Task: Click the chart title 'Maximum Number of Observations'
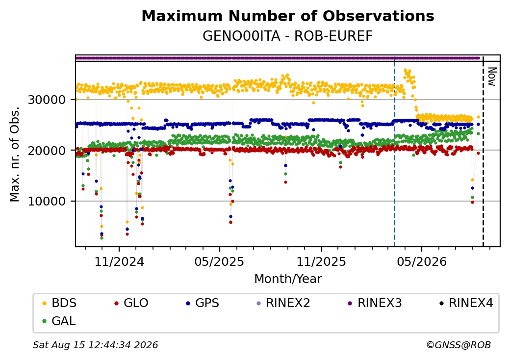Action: [288, 16]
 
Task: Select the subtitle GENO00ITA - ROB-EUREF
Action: [287, 36]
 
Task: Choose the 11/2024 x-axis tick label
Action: [119, 261]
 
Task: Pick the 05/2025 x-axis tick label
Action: [219, 261]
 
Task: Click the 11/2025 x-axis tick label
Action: [321, 261]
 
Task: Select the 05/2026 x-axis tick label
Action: [422, 261]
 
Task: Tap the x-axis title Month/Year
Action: [288, 279]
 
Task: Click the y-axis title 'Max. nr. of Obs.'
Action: [14, 154]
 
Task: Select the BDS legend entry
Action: [59, 303]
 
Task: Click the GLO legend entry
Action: [131, 303]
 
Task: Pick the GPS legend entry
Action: [203, 303]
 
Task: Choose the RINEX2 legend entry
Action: [283, 303]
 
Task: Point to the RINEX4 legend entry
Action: [466, 303]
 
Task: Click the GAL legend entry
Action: [59, 321]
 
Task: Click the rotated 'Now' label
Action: [492, 77]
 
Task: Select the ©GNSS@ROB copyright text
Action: [459, 345]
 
